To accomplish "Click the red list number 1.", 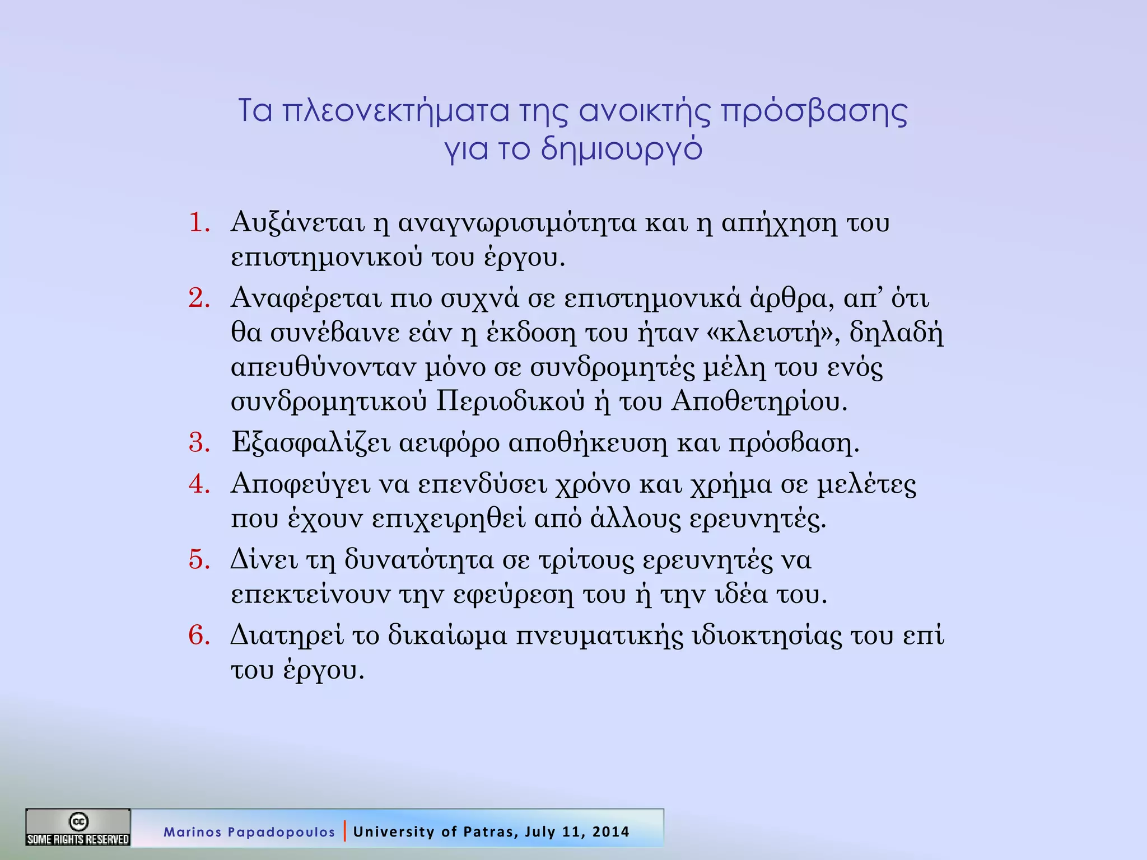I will point(199,222).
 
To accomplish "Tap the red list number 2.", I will point(199,298).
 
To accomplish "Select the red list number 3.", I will point(199,442).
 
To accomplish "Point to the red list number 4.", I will point(199,484).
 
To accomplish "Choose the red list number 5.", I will point(199,559).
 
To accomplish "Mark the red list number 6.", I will point(199,635).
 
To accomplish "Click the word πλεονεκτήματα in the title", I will point(395,111).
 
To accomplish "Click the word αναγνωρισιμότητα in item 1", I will point(517,223).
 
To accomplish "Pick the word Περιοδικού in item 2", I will point(510,401).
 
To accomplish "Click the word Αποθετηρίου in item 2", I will point(759,401).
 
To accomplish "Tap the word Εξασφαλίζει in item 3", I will point(310,443).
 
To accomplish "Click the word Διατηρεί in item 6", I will point(287,635).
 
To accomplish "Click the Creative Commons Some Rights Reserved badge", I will point(78,827).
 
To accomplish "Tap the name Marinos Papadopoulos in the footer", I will point(249,832).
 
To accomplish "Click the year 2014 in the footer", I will point(611,831).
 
